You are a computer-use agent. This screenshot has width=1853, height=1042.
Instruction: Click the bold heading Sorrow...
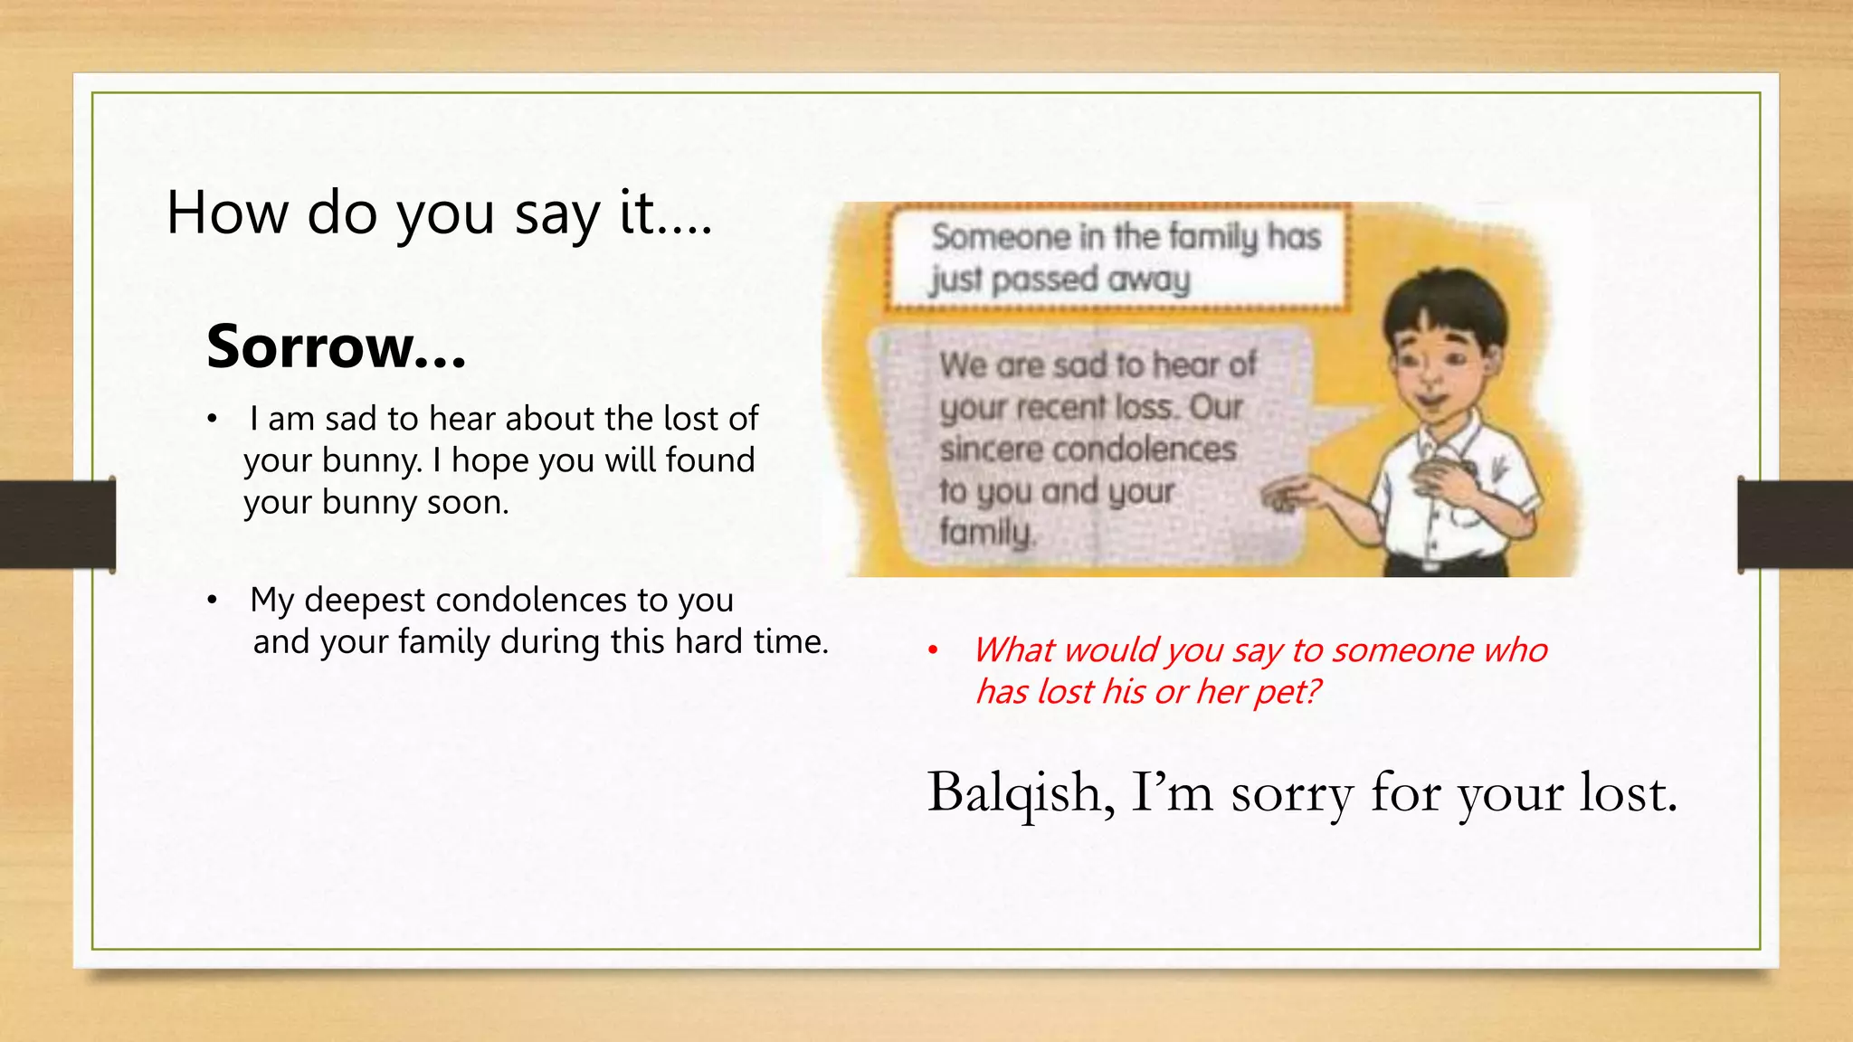(335, 346)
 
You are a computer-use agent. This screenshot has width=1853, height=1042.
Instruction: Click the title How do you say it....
(439, 214)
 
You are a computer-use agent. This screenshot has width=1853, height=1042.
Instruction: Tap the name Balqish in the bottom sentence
(1020, 792)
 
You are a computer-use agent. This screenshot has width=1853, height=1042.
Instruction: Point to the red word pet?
(1288, 692)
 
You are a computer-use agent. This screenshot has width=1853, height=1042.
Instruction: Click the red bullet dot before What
(934, 650)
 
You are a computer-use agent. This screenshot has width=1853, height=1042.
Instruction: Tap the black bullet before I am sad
(212, 420)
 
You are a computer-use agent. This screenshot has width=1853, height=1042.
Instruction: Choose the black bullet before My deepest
(212, 601)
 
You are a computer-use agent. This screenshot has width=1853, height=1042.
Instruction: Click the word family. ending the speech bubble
(986, 532)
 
